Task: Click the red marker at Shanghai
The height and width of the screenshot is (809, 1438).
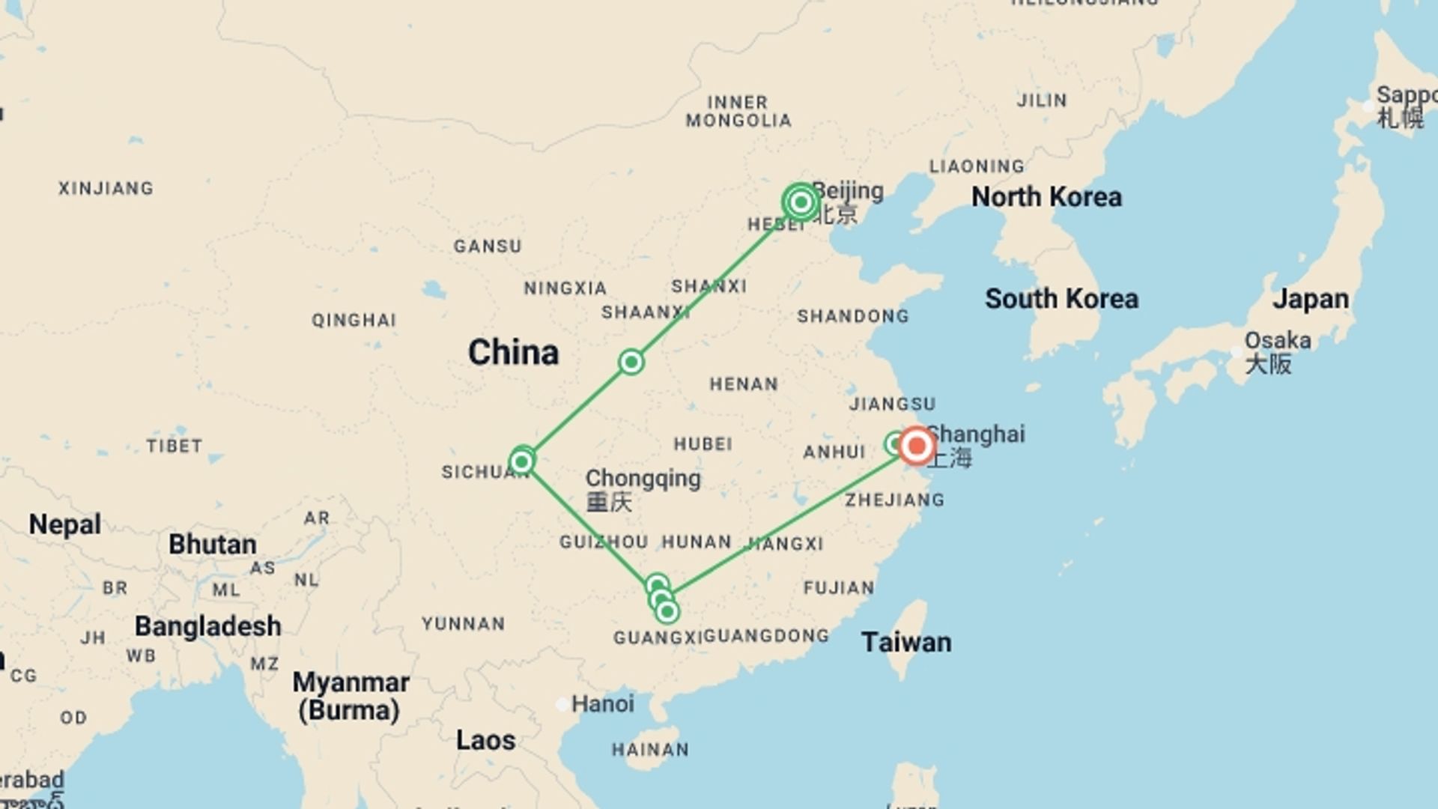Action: [x=916, y=446]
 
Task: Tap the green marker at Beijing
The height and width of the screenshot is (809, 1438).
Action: [x=801, y=202]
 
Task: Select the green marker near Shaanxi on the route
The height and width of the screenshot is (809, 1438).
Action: [x=631, y=363]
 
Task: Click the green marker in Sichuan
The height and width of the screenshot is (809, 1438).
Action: [x=521, y=461]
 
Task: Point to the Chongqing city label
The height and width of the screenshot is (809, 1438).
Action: [x=643, y=479]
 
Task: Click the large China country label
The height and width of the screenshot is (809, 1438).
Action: [x=513, y=352]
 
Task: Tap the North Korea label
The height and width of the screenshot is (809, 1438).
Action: [x=1046, y=197]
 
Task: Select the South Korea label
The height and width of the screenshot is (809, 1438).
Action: [x=1061, y=299]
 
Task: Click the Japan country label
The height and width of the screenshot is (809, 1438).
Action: [x=1311, y=299]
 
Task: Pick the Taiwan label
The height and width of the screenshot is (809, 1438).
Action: [x=906, y=642]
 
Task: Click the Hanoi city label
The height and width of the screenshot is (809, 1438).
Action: [x=602, y=703]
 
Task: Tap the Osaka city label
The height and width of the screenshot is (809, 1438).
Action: [x=1277, y=341]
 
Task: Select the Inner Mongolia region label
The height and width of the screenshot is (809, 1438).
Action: [x=738, y=111]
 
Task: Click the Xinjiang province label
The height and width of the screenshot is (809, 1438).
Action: [x=106, y=188]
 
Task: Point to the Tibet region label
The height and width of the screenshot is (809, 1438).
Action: [x=174, y=446]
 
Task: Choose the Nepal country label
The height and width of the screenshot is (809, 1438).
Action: [x=64, y=524]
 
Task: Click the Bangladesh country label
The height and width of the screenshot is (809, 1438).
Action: [x=207, y=626]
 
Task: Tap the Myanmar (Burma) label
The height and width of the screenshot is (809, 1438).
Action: [x=350, y=696]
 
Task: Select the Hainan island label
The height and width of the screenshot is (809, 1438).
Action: [x=650, y=750]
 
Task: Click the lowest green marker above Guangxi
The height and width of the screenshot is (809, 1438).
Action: [x=667, y=612]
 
